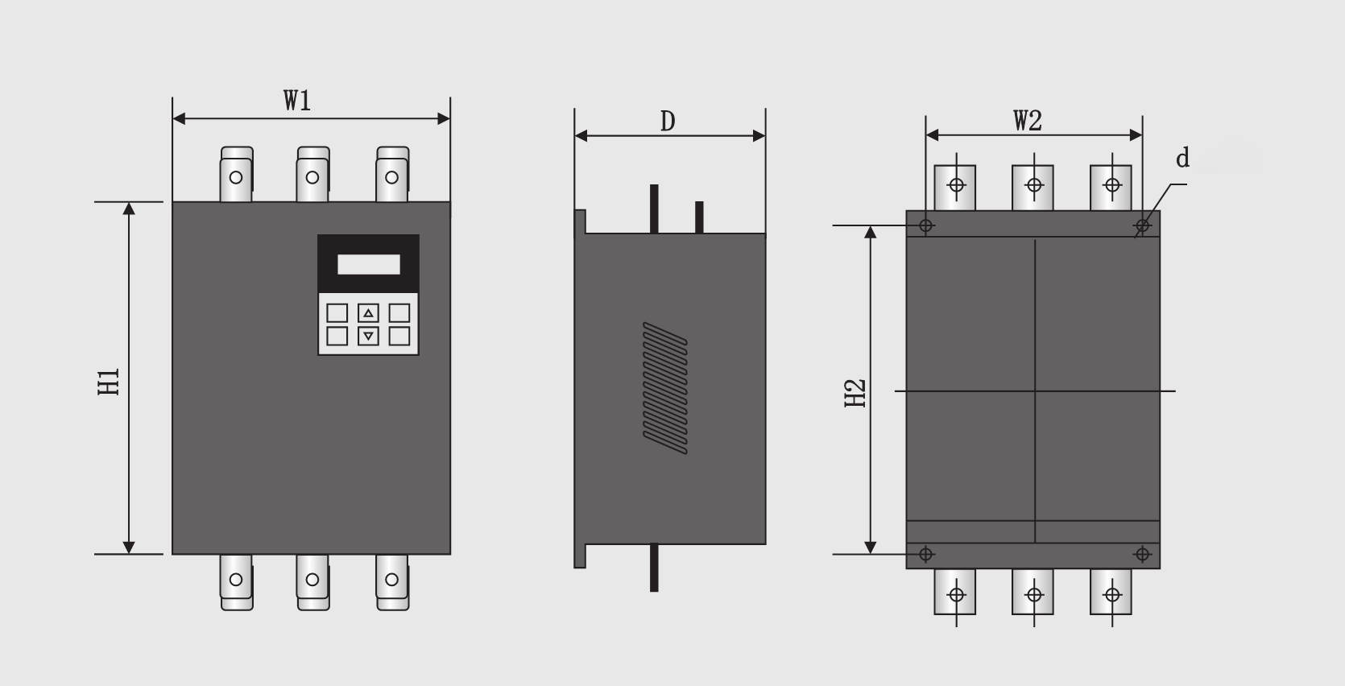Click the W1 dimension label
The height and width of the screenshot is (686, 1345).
[x=297, y=101]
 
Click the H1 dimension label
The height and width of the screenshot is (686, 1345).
[x=110, y=382]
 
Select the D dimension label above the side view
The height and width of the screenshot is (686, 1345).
[x=668, y=122]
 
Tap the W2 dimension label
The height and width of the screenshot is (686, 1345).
[x=1028, y=121]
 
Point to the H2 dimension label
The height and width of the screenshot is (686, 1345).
[x=855, y=394]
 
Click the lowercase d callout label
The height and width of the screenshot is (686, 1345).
[x=1182, y=158]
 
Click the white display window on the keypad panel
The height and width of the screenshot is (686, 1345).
[x=369, y=264]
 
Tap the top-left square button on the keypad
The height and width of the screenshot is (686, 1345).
[x=337, y=312]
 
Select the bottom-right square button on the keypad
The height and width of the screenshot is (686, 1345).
[x=399, y=336]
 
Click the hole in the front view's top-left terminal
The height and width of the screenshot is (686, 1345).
[x=236, y=178]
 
